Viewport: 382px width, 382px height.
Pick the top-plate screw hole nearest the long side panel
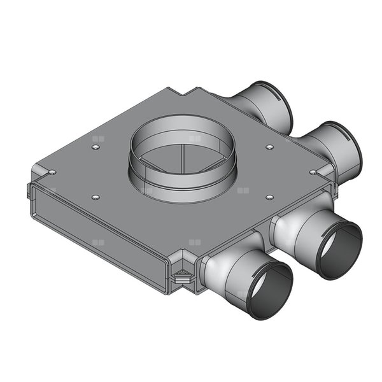pyautogui.click(x=95, y=197)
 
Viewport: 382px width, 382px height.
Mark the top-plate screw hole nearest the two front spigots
pyautogui.click(x=270, y=197)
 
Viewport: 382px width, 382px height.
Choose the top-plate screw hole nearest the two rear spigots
pyautogui.click(x=270, y=147)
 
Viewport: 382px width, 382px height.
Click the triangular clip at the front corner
pyautogui.click(x=182, y=277)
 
